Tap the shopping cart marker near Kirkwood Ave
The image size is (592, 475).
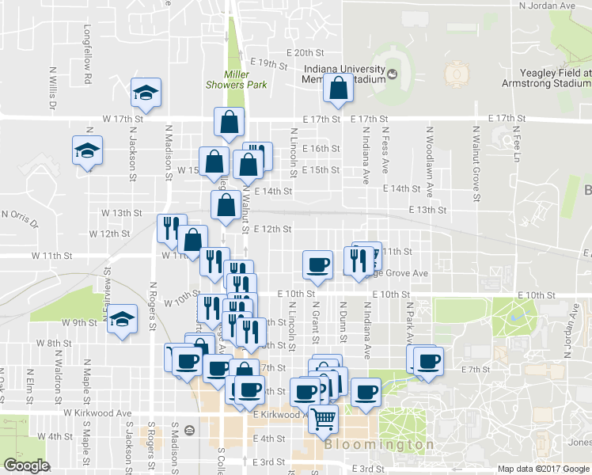point(323,420)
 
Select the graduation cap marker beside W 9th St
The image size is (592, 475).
point(123,319)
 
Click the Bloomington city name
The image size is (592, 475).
point(379,445)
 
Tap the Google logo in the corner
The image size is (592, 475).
point(26,465)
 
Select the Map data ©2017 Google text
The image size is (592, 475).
point(544,469)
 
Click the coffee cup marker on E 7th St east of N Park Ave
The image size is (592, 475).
point(429,363)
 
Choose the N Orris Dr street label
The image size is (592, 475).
point(21,215)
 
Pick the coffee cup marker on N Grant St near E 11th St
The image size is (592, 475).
point(318,266)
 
